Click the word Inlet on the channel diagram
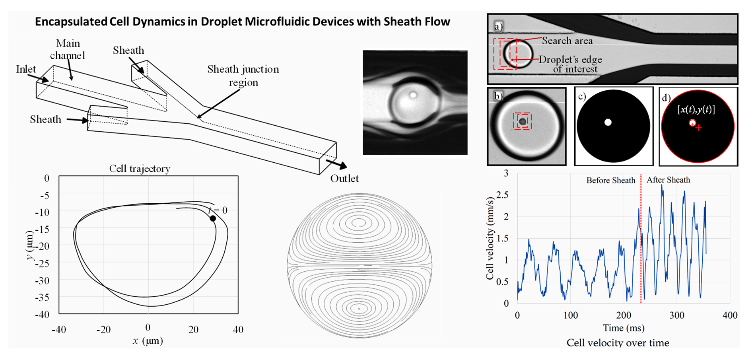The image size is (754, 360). coord(26,69)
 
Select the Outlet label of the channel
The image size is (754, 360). coord(344,179)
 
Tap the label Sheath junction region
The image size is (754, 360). coord(243,76)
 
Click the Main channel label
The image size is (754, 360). coord(68,49)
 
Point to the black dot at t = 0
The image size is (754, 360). coord(213,218)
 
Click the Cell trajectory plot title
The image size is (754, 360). coord(140,169)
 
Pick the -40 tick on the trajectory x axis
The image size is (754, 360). coord(59,329)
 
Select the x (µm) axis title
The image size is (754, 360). coord(148,341)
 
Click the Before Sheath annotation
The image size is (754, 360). coord(610,181)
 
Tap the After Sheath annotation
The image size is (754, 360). coord(668,180)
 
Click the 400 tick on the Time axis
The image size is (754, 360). coord(730,315)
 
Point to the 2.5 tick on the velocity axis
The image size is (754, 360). coord(502,195)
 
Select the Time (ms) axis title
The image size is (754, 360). coord(624,328)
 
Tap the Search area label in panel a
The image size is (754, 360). coord(567,41)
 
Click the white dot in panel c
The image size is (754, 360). coord(608,123)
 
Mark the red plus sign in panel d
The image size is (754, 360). coord(698,128)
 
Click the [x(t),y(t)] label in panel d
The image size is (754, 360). coord(696,110)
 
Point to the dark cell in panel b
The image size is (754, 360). coord(523,121)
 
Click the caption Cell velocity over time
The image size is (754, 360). coord(618,343)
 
